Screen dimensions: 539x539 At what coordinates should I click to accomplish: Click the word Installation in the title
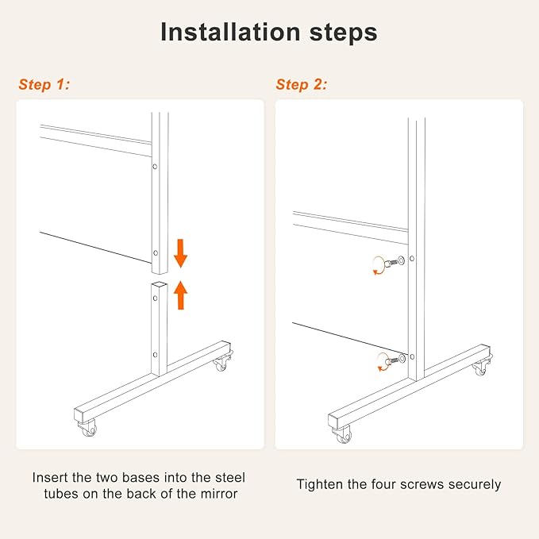[x=231, y=32]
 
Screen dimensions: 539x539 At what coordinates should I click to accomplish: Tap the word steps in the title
[x=344, y=33]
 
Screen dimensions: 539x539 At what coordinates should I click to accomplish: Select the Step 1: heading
[x=44, y=85]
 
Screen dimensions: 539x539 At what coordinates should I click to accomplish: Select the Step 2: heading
[x=301, y=85]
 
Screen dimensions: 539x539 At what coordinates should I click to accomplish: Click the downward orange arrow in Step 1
[x=180, y=253]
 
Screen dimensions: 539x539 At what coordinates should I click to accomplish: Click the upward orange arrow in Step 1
[x=180, y=295]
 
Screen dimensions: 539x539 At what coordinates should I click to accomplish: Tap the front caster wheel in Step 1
[x=88, y=428]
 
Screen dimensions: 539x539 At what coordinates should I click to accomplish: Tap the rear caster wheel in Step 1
[x=222, y=362]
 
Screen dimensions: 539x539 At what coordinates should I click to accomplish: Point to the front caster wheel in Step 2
[x=343, y=434]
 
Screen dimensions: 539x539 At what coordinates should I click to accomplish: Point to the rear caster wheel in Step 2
[x=480, y=367]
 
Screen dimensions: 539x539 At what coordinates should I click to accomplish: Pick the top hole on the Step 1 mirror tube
[x=155, y=167]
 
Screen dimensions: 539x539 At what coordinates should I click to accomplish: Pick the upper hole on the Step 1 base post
[x=156, y=298]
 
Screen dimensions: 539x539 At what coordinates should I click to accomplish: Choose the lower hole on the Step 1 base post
[x=156, y=355]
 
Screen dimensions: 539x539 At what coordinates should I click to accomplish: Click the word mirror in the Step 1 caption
[x=219, y=494]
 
